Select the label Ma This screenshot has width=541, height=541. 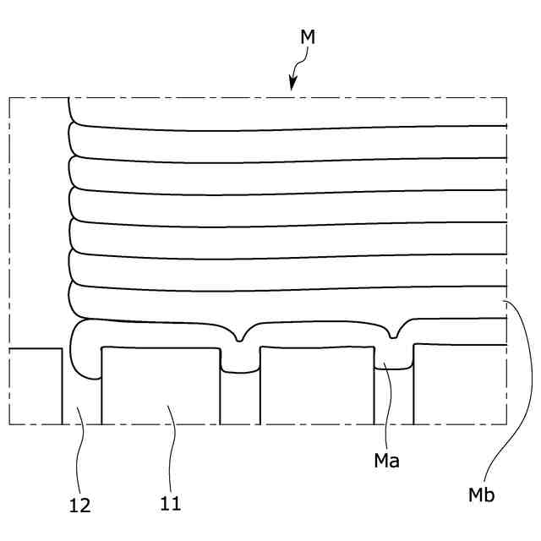pos(388,462)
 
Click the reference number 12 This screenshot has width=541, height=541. pos(79,505)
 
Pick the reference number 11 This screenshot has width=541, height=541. pos(170,504)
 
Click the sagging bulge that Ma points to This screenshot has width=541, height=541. pos(393,362)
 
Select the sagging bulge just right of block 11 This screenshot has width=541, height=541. pos(240,362)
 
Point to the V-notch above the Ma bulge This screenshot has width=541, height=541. pos(394,336)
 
